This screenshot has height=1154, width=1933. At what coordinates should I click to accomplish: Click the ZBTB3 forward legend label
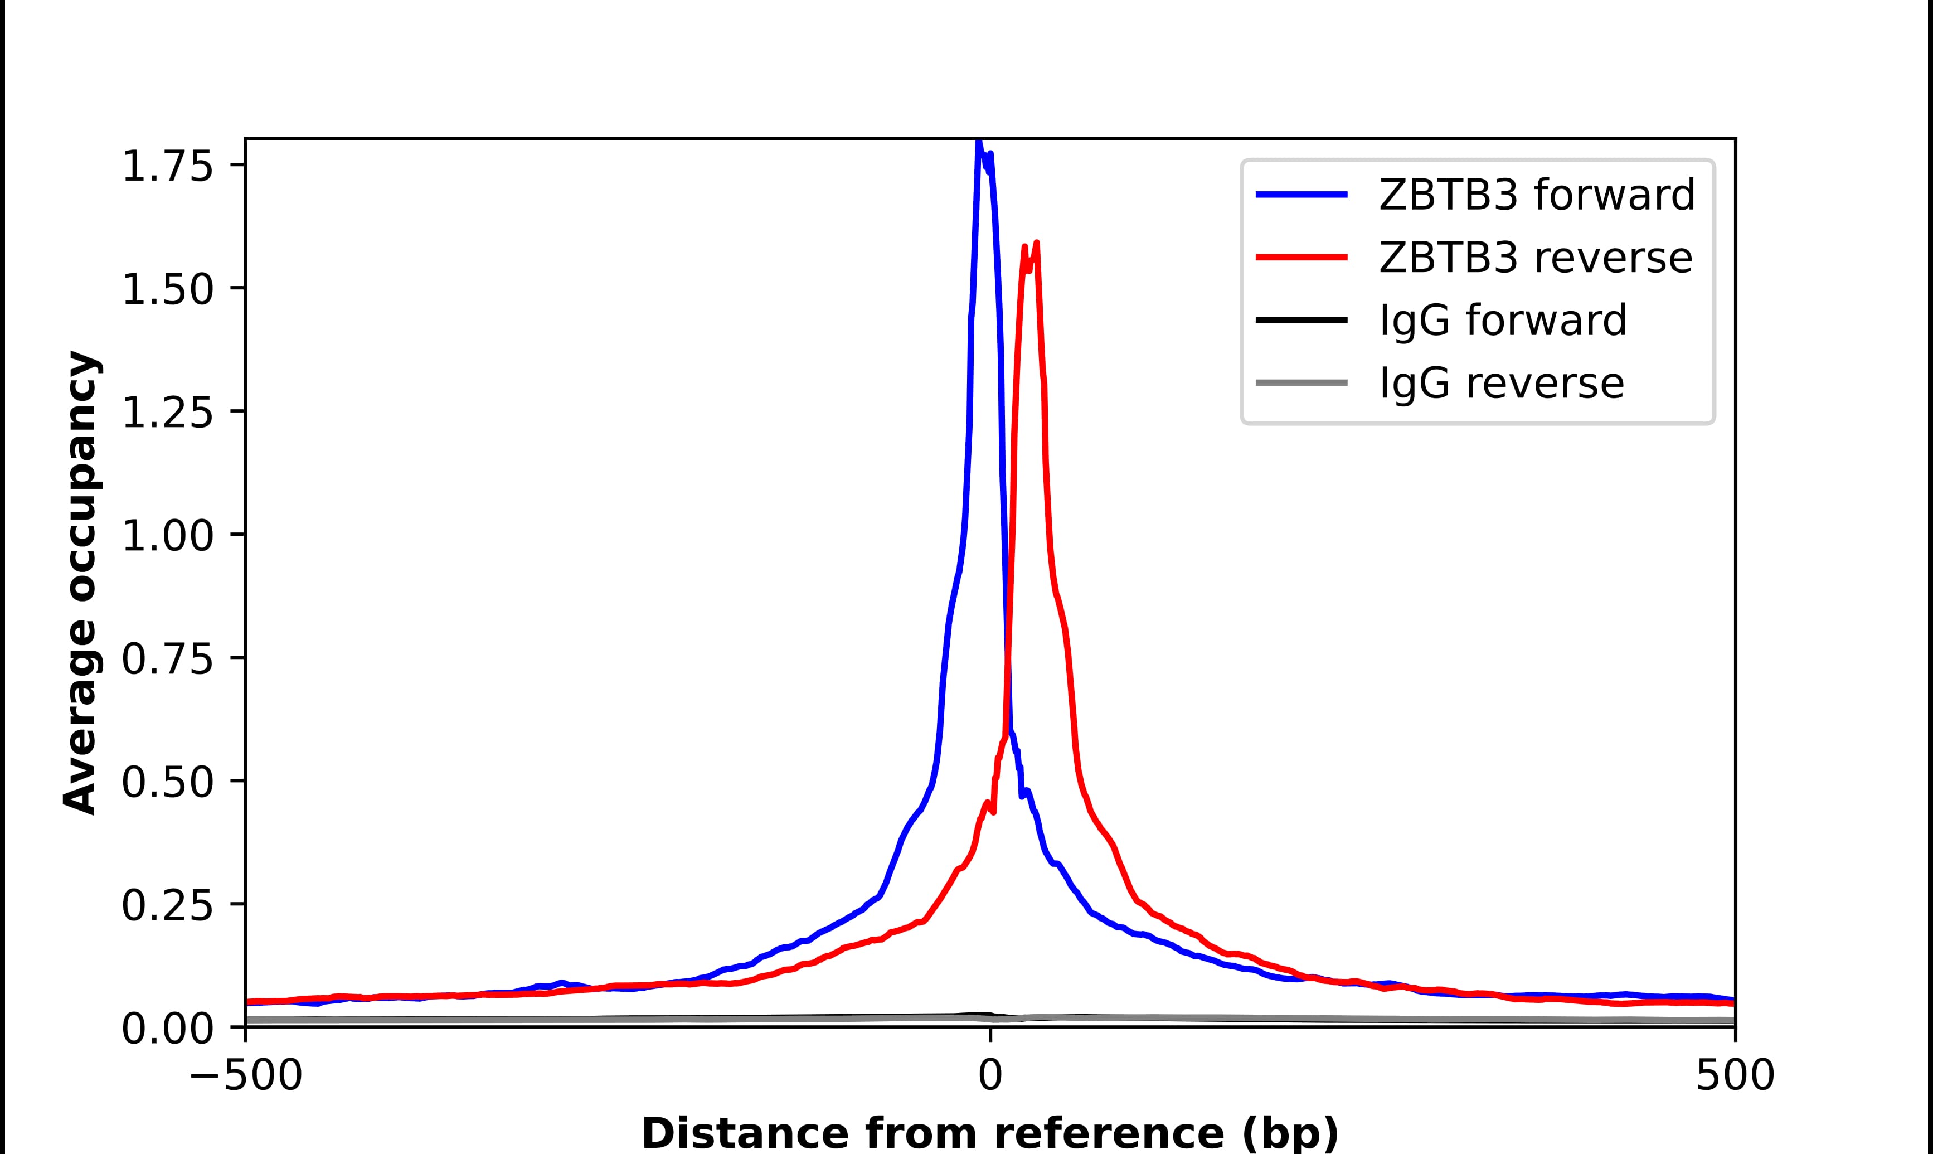pyautogui.click(x=1537, y=195)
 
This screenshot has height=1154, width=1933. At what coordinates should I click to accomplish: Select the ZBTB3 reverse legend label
pyautogui.click(x=1535, y=258)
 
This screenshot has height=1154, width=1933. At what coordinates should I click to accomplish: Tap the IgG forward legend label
pyautogui.click(x=1502, y=321)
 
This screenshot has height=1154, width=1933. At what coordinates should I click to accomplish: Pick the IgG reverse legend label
pyautogui.click(x=1501, y=384)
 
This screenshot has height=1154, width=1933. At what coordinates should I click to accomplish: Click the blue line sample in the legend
pyautogui.click(x=1301, y=195)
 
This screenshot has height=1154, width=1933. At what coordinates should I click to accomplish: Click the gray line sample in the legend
pyautogui.click(x=1301, y=382)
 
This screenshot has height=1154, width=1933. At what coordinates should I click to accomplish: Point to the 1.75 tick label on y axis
pyautogui.click(x=167, y=167)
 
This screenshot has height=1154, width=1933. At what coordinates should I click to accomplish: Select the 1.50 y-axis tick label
pyautogui.click(x=167, y=290)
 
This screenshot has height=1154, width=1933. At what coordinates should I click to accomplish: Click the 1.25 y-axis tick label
pyautogui.click(x=167, y=413)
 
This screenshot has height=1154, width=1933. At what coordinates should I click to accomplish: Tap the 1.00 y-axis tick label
pyautogui.click(x=167, y=536)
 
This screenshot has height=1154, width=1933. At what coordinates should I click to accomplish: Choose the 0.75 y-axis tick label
pyautogui.click(x=167, y=660)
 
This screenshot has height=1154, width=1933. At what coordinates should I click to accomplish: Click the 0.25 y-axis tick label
pyautogui.click(x=167, y=906)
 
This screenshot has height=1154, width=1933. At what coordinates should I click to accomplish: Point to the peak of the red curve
pyautogui.click(x=1037, y=244)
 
